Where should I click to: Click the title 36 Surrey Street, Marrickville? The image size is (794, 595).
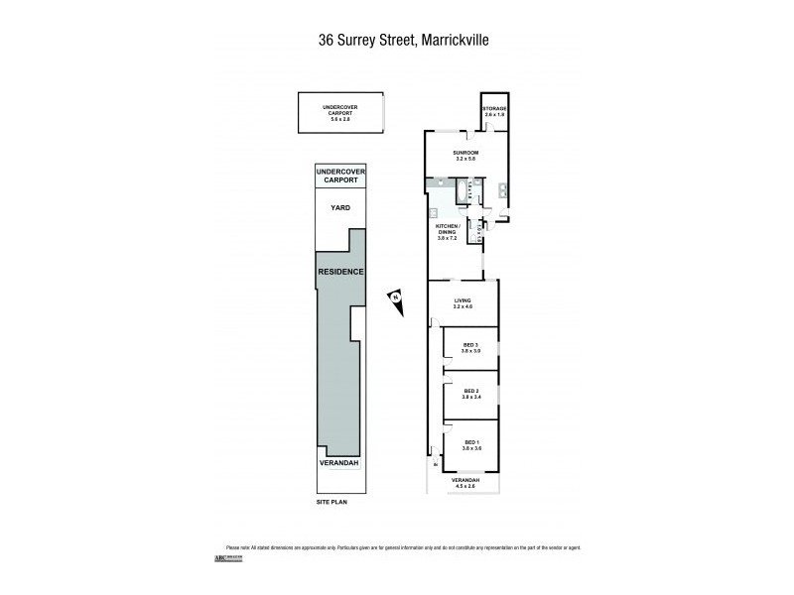pyautogui.click(x=397, y=41)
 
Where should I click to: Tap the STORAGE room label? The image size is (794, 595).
pyautogui.click(x=494, y=107)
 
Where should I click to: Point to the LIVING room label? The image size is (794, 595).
pyautogui.click(x=462, y=301)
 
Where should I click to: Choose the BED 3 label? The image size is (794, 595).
pyautogui.click(x=470, y=347)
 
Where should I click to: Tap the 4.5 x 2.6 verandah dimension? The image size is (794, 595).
pyautogui.click(x=464, y=486)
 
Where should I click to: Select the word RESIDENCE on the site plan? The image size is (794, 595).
pyautogui.click(x=339, y=272)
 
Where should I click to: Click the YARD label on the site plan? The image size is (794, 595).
pyautogui.click(x=339, y=208)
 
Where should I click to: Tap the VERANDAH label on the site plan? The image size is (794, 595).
pyautogui.click(x=339, y=463)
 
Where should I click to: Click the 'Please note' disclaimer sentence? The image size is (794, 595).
pyautogui.click(x=397, y=548)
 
